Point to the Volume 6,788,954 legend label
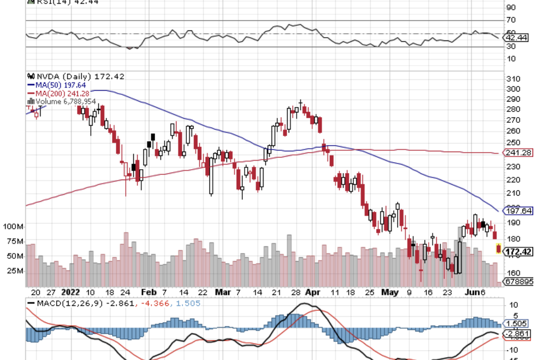[x=65, y=102]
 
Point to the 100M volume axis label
[x=11, y=227]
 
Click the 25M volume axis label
[x=14, y=271]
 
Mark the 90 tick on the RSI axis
[x=510, y=7]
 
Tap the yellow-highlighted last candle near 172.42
[x=499, y=249]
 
